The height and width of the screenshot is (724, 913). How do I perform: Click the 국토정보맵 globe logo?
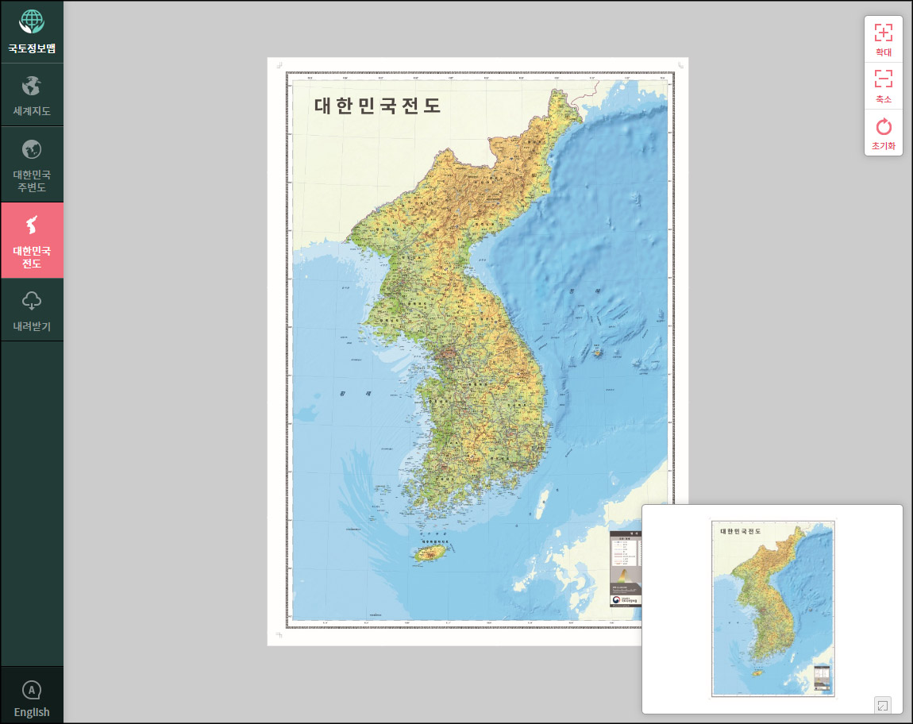click(32, 21)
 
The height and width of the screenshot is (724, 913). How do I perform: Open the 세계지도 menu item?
click(32, 96)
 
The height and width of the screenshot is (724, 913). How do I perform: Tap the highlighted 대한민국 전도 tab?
click(32, 240)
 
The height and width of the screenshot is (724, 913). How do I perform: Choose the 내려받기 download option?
click(32, 310)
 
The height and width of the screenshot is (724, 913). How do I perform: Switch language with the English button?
click(32, 699)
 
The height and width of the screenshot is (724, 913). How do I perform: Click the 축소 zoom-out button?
click(883, 86)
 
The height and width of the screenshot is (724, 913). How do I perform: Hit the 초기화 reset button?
click(883, 133)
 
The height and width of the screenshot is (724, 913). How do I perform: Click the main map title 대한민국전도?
click(377, 106)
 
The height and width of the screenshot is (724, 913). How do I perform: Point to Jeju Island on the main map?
click(428, 553)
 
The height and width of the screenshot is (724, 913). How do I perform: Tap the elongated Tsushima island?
click(544, 501)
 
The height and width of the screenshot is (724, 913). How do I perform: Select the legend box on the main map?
click(625, 568)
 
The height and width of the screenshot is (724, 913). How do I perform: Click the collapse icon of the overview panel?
click(882, 704)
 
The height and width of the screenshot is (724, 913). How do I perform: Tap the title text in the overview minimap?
click(741, 531)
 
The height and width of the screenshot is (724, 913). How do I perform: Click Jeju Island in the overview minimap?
click(757, 673)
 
